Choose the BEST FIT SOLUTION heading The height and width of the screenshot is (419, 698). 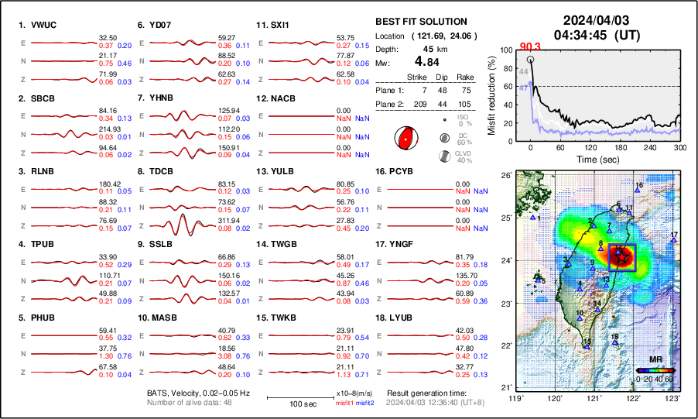(420, 22)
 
